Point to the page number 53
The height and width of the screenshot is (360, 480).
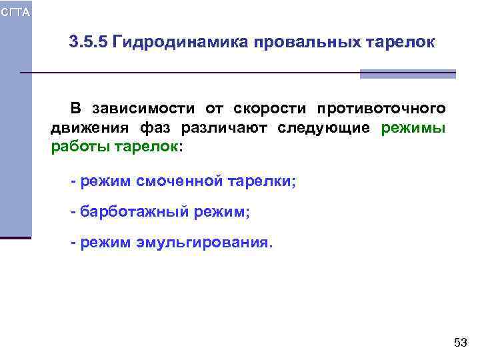[x=460, y=343]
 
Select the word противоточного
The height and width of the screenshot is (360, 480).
[x=381, y=109]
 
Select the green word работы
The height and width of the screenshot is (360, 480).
[x=78, y=147]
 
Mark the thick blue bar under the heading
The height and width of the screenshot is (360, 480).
[x=407, y=74]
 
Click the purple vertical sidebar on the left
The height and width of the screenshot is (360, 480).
[x=15, y=133]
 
